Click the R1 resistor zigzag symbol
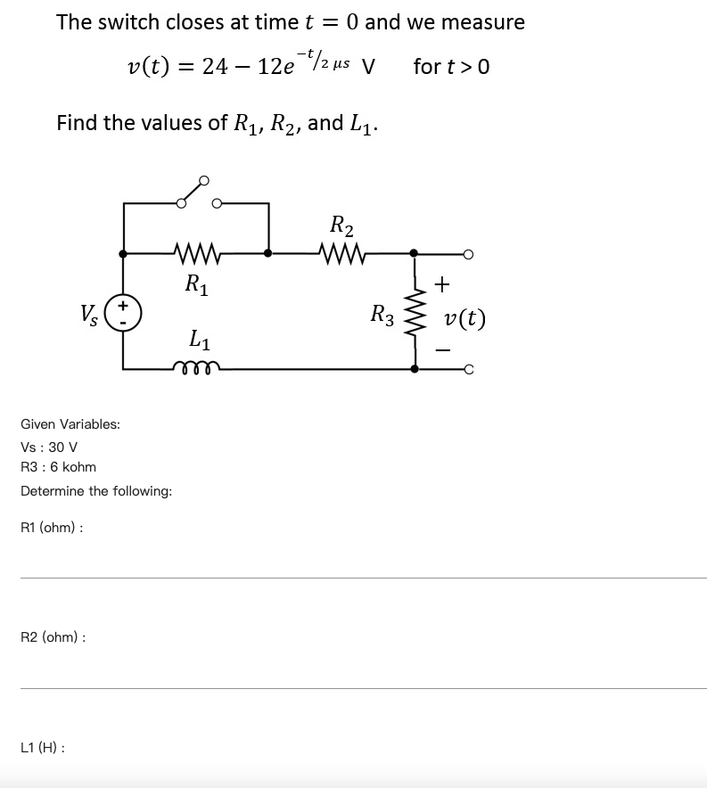195,253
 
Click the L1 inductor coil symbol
195,365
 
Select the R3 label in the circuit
382,315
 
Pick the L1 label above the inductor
198,339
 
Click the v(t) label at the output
465,318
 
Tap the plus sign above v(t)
442,284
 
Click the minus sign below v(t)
442,350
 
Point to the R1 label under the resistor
196,284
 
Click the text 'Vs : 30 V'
49,447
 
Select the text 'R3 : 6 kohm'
58,467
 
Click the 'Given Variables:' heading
70,424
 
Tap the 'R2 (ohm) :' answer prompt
53,637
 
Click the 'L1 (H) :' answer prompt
42,747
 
